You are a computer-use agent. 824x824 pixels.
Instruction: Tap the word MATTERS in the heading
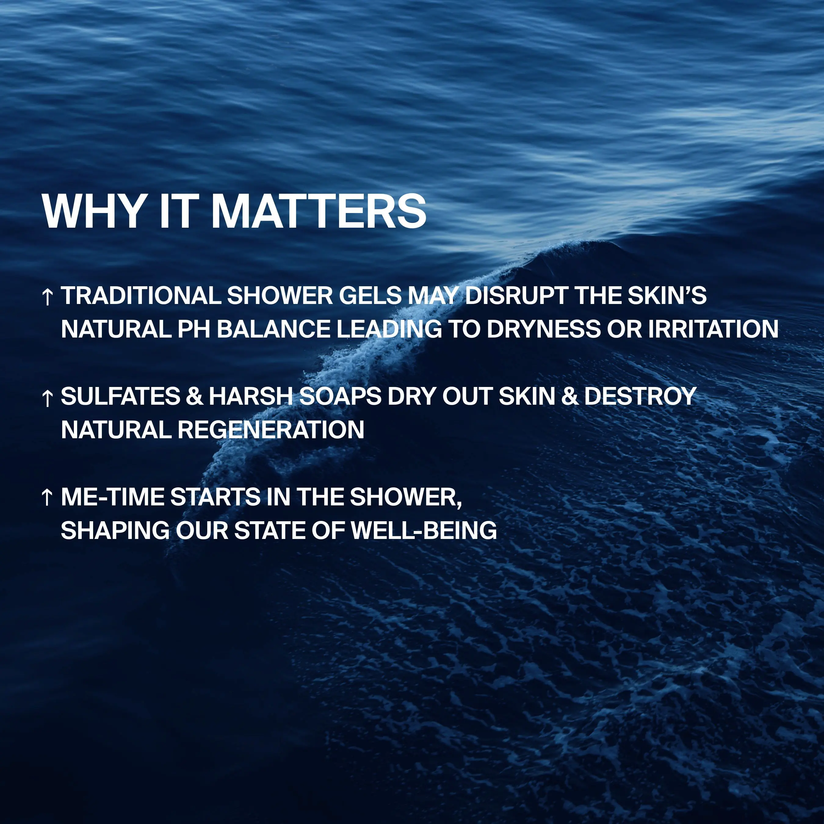point(319,211)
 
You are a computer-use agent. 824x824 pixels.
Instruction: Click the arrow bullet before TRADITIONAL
point(47,297)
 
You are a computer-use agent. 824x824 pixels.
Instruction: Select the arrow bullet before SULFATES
point(47,398)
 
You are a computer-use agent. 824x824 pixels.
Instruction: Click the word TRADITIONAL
point(141,295)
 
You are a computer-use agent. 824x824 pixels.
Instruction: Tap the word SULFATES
point(121,396)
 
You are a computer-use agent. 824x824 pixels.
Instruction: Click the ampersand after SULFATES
point(194,396)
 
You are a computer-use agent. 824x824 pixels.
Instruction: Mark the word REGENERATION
point(271,429)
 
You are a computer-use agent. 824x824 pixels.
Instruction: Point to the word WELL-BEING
point(424,530)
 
